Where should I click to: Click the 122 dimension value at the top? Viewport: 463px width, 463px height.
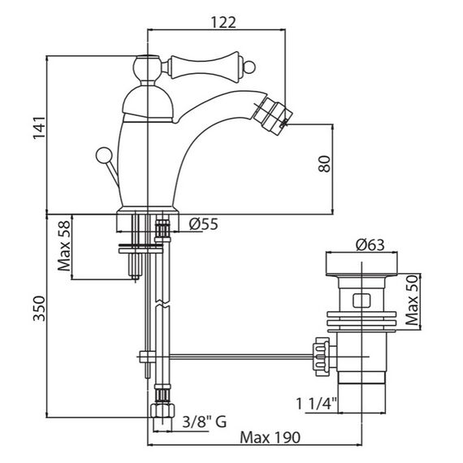click(x=223, y=23)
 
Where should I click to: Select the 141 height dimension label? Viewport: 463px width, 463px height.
click(x=39, y=128)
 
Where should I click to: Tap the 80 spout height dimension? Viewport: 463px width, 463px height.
click(x=324, y=163)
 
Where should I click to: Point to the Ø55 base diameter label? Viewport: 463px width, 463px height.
click(x=203, y=224)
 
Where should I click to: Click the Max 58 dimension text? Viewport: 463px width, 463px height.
click(x=64, y=245)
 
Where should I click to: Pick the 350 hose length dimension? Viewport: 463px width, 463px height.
click(x=39, y=309)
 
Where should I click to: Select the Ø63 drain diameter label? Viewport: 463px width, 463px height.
click(x=370, y=244)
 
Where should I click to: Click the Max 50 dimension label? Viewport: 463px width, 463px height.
click(x=412, y=300)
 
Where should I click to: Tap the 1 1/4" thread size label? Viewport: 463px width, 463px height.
click(x=316, y=404)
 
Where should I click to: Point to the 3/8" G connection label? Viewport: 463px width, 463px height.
click(x=205, y=422)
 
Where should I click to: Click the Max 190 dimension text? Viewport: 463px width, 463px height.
click(x=270, y=438)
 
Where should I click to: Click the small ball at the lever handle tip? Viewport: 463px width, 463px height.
click(x=250, y=67)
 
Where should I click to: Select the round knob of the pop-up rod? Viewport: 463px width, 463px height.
click(x=104, y=154)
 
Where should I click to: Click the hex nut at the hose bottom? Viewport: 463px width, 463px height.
click(x=162, y=410)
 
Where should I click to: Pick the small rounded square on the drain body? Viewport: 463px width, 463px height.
click(x=361, y=301)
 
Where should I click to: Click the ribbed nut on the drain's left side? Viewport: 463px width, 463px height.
click(x=322, y=357)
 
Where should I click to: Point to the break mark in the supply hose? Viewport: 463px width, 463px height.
click(x=162, y=305)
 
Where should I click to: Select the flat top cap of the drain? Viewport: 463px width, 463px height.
click(x=361, y=264)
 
